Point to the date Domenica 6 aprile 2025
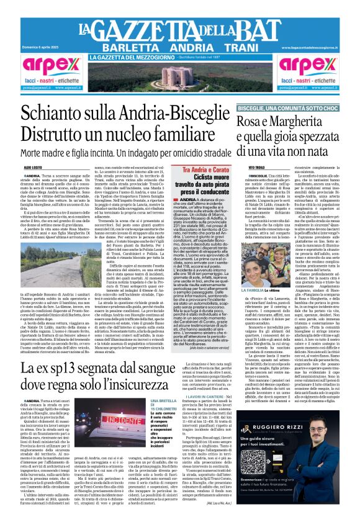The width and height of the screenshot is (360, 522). coord(38,47)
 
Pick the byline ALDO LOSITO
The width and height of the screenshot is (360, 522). coord(34,168)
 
